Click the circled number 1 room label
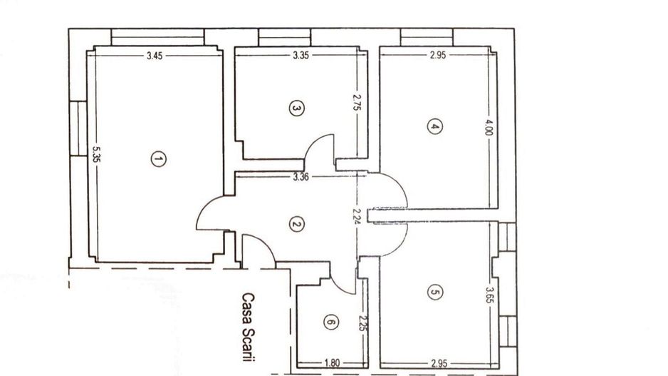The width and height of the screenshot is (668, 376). [x=159, y=159]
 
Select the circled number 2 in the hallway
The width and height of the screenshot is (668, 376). [x=297, y=224]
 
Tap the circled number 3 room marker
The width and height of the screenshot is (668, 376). [x=297, y=108]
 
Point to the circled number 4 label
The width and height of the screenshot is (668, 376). [x=434, y=127]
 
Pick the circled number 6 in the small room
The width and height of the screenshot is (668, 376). [x=329, y=322]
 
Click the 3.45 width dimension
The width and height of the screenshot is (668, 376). [x=155, y=56]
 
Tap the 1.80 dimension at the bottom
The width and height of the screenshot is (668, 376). [x=331, y=364]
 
